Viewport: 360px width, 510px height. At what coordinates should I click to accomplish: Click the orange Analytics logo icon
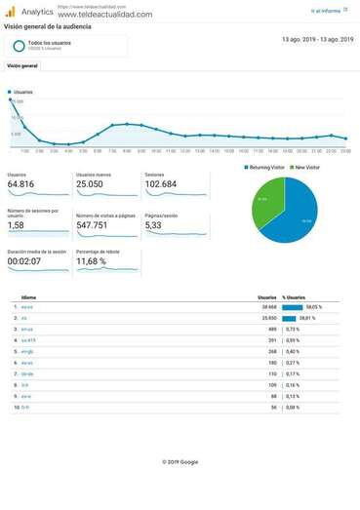pyautogui.click(x=10, y=11)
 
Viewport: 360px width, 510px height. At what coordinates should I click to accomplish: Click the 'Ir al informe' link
pyautogui.click(x=328, y=11)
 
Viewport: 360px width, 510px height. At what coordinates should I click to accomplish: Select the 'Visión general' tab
pyautogui.click(x=22, y=66)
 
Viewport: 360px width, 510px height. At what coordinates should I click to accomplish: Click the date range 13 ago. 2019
pyautogui.click(x=317, y=39)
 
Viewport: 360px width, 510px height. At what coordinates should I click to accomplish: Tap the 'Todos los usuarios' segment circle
pyautogui.click(x=19, y=46)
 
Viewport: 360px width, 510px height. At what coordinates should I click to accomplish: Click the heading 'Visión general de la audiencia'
pyautogui.click(x=48, y=27)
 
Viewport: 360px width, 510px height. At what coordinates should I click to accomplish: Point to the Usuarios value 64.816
pyautogui.click(x=20, y=184)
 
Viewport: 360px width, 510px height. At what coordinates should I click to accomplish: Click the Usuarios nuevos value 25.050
pyautogui.click(x=89, y=184)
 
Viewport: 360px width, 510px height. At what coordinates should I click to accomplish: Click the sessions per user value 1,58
pyautogui.click(x=16, y=224)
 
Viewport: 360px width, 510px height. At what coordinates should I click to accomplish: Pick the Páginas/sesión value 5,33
pyautogui.click(x=153, y=224)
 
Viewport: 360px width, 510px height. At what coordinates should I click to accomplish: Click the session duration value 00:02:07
pyautogui.click(x=24, y=261)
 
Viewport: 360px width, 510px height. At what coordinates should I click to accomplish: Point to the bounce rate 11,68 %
pyautogui.click(x=91, y=261)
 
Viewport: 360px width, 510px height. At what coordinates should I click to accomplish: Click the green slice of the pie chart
pyautogui.click(x=266, y=201)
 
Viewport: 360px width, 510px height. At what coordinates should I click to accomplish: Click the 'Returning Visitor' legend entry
pyautogui.click(x=266, y=167)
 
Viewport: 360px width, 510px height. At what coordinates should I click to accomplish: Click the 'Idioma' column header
pyautogui.click(x=28, y=297)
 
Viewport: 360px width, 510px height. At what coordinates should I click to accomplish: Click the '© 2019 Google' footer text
pyautogui.click(x=180, y=461)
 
